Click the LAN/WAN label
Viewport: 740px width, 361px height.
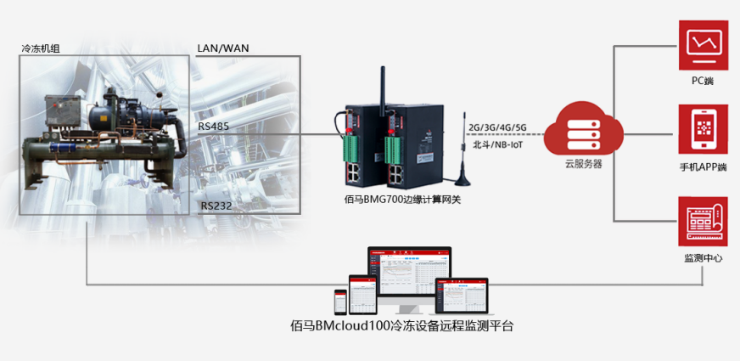click(x=223, y=48)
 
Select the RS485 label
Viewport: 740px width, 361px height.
click(x=212, y=127)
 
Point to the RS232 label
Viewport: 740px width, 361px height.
click(x=215, y=206)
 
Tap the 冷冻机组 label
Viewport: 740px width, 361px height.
click(x=41, y=48)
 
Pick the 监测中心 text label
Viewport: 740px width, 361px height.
click(x=703, y=257)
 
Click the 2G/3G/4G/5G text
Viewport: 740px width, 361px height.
click(x=497, y=128)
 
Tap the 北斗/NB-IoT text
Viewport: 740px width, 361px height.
click(x=497, y=144)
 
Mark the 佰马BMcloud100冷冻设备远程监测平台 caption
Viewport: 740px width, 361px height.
click(x=402, y=325)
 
